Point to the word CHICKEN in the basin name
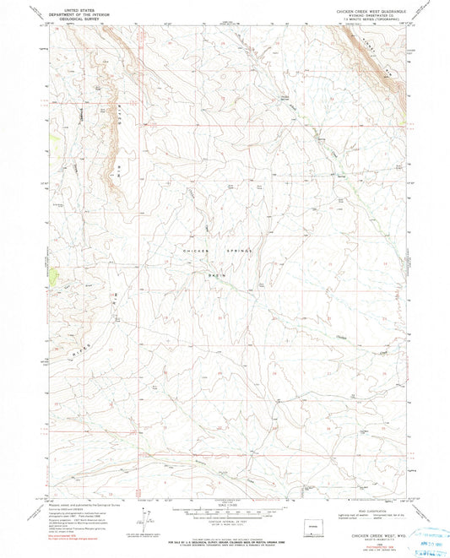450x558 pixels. pos(194,251)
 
